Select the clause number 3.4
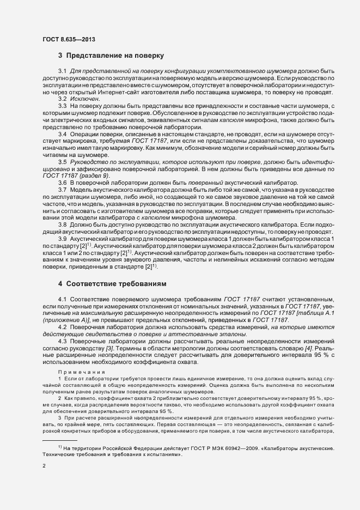(62, 133)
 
